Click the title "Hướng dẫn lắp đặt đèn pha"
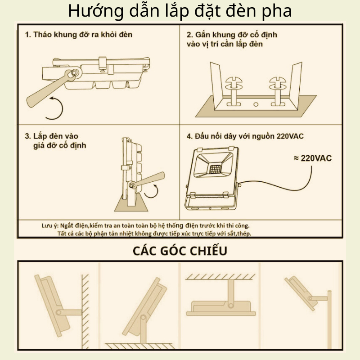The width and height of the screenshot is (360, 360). [180, 11]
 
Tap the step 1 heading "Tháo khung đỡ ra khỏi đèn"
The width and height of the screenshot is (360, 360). [78, 35]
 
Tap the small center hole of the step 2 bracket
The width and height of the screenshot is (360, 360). [256, 104]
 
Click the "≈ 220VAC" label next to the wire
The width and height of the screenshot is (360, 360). [313, 158]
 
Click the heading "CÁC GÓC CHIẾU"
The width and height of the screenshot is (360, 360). [180, 251]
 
